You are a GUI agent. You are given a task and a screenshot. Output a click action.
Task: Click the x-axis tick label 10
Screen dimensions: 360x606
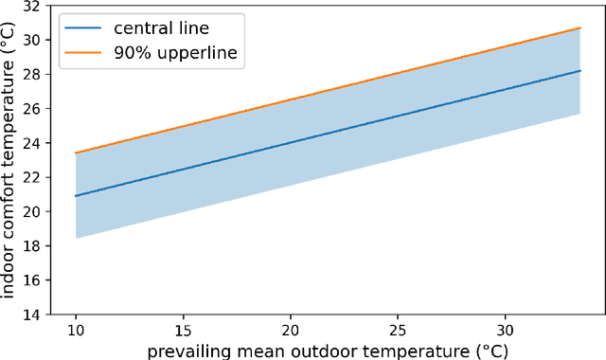coord(76,331)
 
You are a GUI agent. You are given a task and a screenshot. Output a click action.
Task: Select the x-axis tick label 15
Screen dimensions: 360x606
coord(183,331)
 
